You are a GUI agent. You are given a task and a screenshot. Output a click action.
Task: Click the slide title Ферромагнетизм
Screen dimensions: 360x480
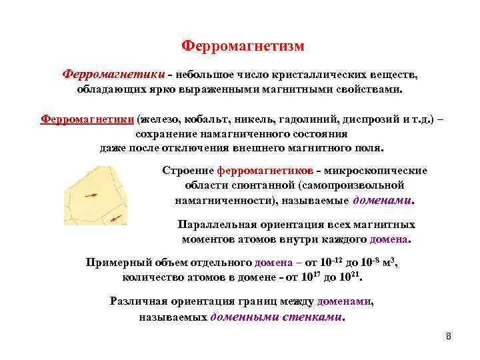tap(243, 46)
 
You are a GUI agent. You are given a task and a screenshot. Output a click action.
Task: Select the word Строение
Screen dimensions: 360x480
tap(185, 171)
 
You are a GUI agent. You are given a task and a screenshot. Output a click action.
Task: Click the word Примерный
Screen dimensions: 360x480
tap(117, 261)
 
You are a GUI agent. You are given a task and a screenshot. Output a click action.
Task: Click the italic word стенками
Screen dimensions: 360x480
tap(311, 317)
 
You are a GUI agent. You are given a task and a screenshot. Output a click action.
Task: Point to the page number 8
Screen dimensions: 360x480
tap(448, 335)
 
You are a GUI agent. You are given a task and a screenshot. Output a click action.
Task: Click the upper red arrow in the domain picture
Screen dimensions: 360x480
tap(91, 196)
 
